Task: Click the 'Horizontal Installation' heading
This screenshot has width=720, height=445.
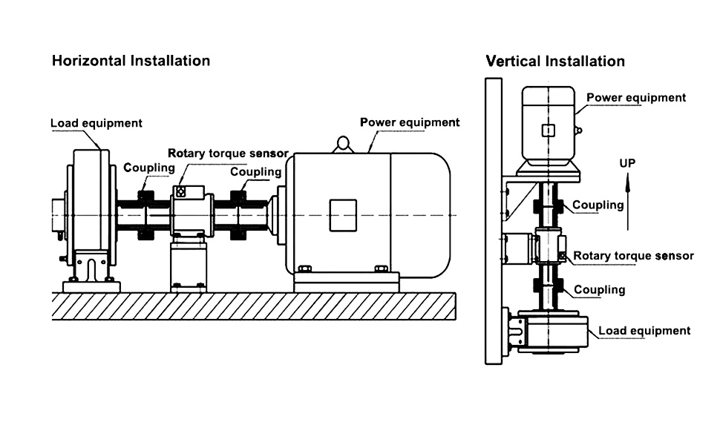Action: point(131,61)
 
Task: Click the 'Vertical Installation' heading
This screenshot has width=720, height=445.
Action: point(555,61)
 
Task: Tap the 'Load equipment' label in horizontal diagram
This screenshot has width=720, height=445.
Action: point(96,122)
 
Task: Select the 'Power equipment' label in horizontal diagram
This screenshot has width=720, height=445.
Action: point(410,122)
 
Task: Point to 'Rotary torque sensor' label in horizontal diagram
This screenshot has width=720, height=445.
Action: point(228,154)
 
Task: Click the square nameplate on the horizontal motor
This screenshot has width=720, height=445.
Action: point(343,215)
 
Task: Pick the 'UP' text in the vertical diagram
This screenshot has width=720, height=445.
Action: point(627,163)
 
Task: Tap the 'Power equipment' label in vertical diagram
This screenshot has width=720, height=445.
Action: point(636,98)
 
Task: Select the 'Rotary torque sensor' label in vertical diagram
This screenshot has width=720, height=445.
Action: point(633,256)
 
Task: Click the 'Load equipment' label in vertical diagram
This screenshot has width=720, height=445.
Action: point(644,331)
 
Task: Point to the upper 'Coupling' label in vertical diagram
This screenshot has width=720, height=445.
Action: point(598,205)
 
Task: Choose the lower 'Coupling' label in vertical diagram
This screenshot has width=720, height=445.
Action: point(598,290)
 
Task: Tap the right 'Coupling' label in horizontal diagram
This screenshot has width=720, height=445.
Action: point(255,172)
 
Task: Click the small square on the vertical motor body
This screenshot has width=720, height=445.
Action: point(548,131)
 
